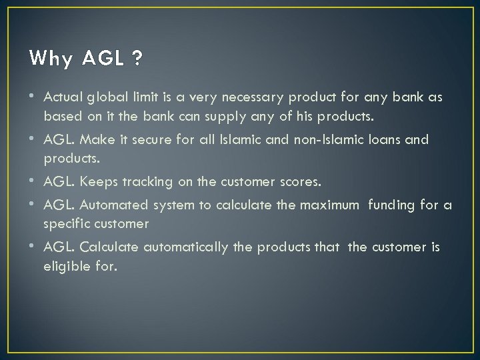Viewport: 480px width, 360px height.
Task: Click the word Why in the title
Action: pyautogui.click(x=50, y=59)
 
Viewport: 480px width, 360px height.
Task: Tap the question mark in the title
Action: pyautogui.click(x=137, y=59)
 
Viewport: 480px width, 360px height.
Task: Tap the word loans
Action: pyautogui.click(x=381, y=140)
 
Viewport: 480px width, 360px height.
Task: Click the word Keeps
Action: pyautogui.click(x=98, y=181)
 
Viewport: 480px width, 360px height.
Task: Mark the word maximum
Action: pyautogui.click(x=329, y=206)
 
